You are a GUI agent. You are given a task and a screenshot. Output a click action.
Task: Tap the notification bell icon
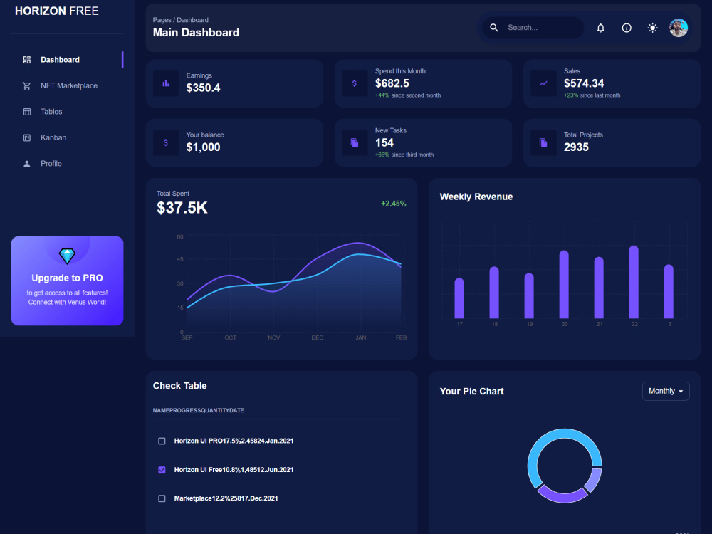click(600, 28)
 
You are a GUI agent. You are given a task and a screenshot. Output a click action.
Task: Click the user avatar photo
click(678, 28)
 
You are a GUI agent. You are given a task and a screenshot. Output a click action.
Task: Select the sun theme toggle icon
click(652, 28)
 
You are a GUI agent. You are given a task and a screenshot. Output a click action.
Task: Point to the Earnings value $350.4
click(203, 88)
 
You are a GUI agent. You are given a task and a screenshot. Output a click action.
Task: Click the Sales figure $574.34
click(584, 83)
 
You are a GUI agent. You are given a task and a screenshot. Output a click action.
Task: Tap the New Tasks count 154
click(384, 142)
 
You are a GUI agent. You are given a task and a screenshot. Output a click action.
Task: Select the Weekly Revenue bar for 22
click(634, 282)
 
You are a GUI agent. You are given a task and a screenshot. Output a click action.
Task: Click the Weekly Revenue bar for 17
click(459, 298)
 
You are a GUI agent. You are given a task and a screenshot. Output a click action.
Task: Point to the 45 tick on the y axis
click(180, 259)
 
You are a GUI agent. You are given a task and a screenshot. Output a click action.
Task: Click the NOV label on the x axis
click(274, 337)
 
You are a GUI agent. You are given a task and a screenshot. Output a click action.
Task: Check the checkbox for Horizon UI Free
click(162, 470)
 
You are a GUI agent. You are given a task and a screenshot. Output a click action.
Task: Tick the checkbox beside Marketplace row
click(162, 498)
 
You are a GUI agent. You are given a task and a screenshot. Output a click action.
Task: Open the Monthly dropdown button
click(666, 392)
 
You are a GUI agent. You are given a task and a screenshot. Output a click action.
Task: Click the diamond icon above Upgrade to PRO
click(67, 256)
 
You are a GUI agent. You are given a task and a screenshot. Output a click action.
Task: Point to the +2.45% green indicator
click(393, 204)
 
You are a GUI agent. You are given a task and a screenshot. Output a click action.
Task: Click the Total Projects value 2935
click(576, 147)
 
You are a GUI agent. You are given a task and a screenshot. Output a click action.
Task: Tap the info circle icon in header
click(626, 28)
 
